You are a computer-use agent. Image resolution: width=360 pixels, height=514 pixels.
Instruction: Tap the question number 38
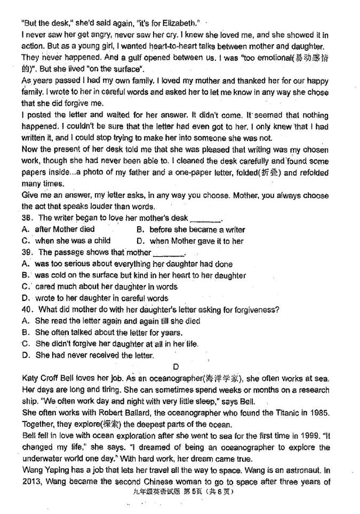[x=27, y=218]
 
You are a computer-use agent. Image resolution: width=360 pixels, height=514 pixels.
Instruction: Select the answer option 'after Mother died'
[x=64, y=230]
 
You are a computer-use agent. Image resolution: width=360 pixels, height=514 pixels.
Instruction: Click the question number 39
[x=27, y=252]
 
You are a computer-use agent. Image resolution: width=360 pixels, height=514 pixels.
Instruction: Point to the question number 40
[x=27, y=310]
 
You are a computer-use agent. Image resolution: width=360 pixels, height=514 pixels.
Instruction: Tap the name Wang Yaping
[x=47, y=470]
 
